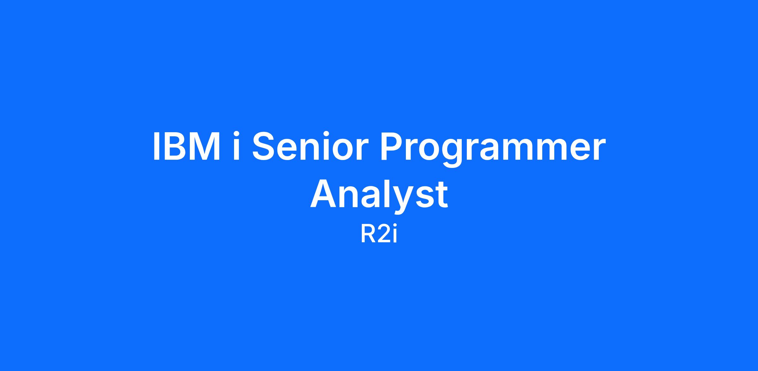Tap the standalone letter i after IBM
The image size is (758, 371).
(x=236, y=146)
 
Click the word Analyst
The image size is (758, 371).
(x=379, y=196)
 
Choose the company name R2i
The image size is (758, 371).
(x=379, y=235)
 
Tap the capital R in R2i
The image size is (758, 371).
(x=368, y=235)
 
